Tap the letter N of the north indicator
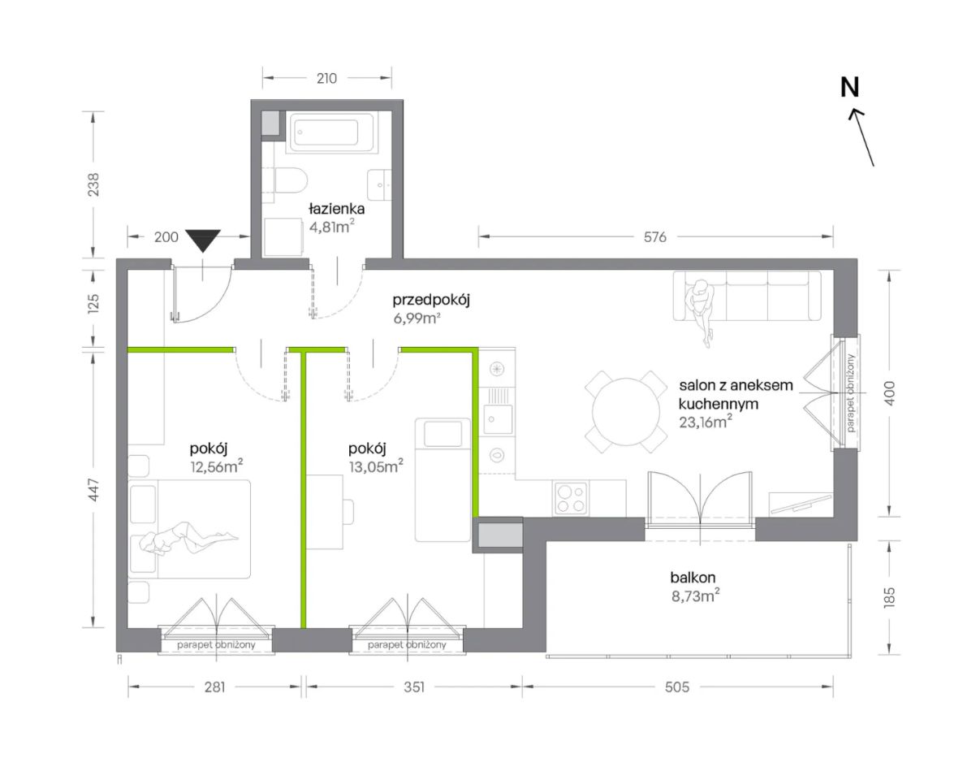[849, 87]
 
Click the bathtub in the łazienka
[331, 132]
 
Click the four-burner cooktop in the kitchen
[571, 499]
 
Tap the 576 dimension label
[655, 236]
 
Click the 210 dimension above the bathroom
[326, 79]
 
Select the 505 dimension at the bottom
[677, 687]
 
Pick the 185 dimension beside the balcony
[889, 597]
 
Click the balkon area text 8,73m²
[695, 596]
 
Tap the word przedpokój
[431, 301]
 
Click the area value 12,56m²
[216, 466]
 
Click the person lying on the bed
[188, 539]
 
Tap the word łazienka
[336, 209]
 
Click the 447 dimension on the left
[93, 490]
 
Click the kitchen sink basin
[498, 418]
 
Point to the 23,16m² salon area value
[706, 422]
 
